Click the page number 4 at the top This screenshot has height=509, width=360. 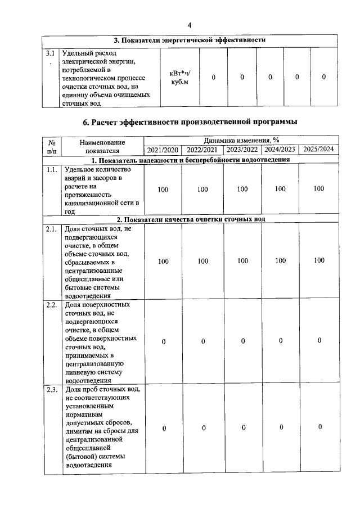pos(189,25)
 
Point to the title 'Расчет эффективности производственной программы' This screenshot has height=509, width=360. pos(190,121)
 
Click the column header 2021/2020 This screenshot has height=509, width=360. pos(163,150)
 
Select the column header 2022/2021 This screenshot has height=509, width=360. pos(202,150)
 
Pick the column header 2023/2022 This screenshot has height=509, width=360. pos(242,150)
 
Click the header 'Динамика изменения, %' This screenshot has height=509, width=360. pos(242,139)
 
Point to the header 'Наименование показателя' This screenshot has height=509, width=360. pos(102,146)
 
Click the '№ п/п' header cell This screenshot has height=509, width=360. pos(52,146)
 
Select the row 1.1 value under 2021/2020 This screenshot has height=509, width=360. pos(163,190)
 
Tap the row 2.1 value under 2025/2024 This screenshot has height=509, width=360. pos(319,260)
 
